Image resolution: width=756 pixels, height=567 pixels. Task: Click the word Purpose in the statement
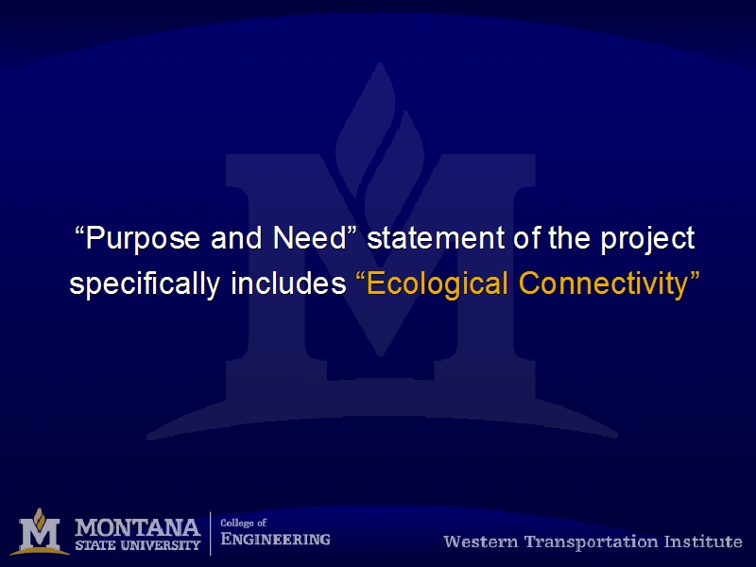(x=143, y=239)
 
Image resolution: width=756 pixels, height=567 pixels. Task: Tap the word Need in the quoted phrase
(x=310, y=238)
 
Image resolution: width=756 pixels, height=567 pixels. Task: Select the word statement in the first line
(x=436, y=238)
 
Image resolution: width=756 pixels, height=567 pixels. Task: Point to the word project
(x=647, y=240)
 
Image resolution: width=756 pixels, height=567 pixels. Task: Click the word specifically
(x=146, y=284)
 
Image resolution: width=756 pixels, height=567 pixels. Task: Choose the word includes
(x=288, y=283)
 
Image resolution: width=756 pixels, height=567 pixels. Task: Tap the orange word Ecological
(x=438, y=284)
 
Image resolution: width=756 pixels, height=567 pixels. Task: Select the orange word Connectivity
(x=603, y=284)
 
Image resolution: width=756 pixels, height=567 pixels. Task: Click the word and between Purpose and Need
(x=236, y=238)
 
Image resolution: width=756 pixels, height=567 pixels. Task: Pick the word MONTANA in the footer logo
(x=137, y=528)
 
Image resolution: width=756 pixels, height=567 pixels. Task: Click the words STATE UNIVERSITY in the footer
(x=137, y=545)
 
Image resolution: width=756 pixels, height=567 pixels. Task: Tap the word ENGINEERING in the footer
(x=275, y=539)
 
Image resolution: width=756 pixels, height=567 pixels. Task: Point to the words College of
(x=244, y=524)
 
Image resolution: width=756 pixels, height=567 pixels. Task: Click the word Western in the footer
(x=481, y=541)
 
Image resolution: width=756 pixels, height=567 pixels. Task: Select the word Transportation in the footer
(x=592, y=542)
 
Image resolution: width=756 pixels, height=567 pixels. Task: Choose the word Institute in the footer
(x=703, y=541)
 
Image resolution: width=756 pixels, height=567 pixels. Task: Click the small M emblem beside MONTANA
(x=40, y=532)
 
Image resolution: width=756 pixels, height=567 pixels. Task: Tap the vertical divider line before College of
(x=210, y=533)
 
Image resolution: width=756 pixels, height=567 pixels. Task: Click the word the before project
(x=569, y=238)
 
